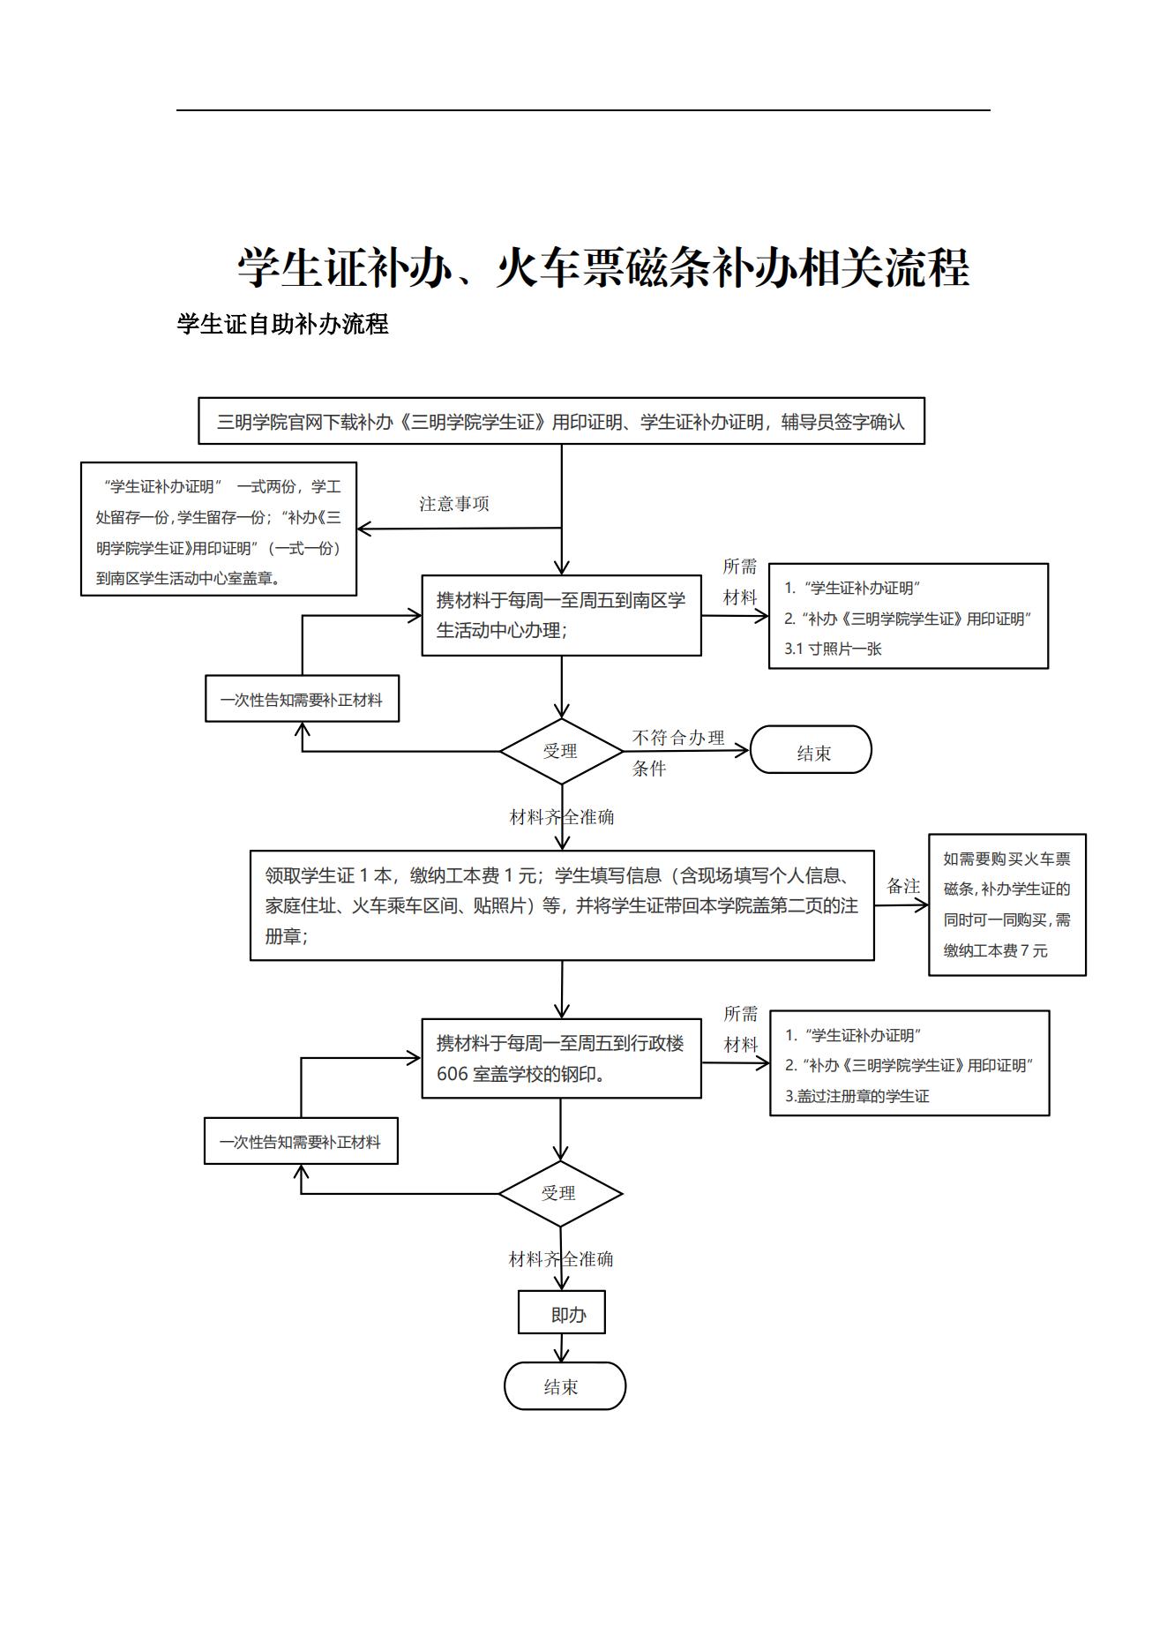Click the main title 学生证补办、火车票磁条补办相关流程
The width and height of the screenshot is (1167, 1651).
(x=603, y=266)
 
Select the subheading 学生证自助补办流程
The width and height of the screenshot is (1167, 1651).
(x=282, y=324)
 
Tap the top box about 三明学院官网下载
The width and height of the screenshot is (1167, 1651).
(x=561, y=421)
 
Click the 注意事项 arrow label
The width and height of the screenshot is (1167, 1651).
(x=453, y=504)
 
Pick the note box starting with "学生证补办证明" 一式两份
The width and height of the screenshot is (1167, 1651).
(x=219, y=529)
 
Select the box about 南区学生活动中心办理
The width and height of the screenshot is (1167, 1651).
(x=561, y=615)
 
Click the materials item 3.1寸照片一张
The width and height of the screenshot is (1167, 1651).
(x=834, y=649)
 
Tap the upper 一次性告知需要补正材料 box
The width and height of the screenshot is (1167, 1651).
(x=302, y=699)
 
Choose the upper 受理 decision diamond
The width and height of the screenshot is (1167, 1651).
(x=561, y=751)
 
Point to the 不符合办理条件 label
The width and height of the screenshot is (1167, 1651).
(x=677, y=752)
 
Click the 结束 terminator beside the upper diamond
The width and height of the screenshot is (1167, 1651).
(x=811, y=751)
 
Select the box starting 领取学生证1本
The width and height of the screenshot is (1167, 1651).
(x=562, y=905)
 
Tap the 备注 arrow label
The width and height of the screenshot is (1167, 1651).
(x=902, y=886)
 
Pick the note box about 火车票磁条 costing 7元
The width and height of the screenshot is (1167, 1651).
(x=1006, y=904)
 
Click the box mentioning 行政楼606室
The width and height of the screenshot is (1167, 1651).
(x=561, y=1058)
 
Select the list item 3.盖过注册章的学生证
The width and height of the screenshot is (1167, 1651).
(x=857, y=1096)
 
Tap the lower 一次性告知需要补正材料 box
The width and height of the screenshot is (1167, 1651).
(x=301, y=1141)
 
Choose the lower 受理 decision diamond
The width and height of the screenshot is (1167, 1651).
(x=560, y=1193)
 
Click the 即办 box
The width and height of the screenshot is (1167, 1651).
(x=562, y=1313)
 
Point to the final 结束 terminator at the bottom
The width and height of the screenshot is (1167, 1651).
(x=565, y=1386)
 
